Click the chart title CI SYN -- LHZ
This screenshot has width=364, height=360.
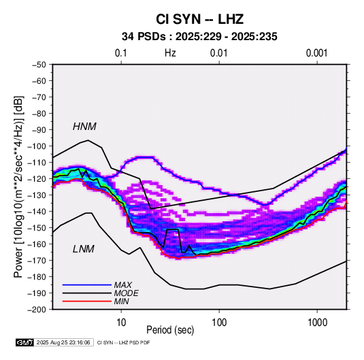coord(199,19)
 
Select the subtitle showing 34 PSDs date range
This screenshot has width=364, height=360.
coord(199,37)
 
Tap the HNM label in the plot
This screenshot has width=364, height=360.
coord(84,127)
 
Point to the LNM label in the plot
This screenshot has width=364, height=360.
coord(84,249)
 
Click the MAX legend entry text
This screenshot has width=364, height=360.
coord(122,284)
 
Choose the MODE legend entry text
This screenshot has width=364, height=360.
coord(126,293)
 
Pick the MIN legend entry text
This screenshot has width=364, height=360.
coord(121,301)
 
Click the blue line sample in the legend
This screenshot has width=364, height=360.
coord(87,284)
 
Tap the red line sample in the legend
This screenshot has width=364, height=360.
coord(87,301)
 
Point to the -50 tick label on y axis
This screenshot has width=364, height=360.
coord(39,65)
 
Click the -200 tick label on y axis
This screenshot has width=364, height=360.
coord(37,310)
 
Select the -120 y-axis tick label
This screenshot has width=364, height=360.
coord(37,179)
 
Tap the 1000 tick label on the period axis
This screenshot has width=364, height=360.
coord(317,323)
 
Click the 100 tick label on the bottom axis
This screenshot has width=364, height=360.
coord(219,323)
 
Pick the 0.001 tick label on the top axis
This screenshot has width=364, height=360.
coord(316,53)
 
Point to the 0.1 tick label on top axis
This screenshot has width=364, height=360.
coord(121,53)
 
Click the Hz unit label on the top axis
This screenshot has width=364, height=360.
coord(170,53)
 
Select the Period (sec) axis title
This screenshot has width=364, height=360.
coord(170,330)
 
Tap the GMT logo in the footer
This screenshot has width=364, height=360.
coord(24,342)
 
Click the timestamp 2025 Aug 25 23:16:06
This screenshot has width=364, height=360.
coord(63,342)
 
